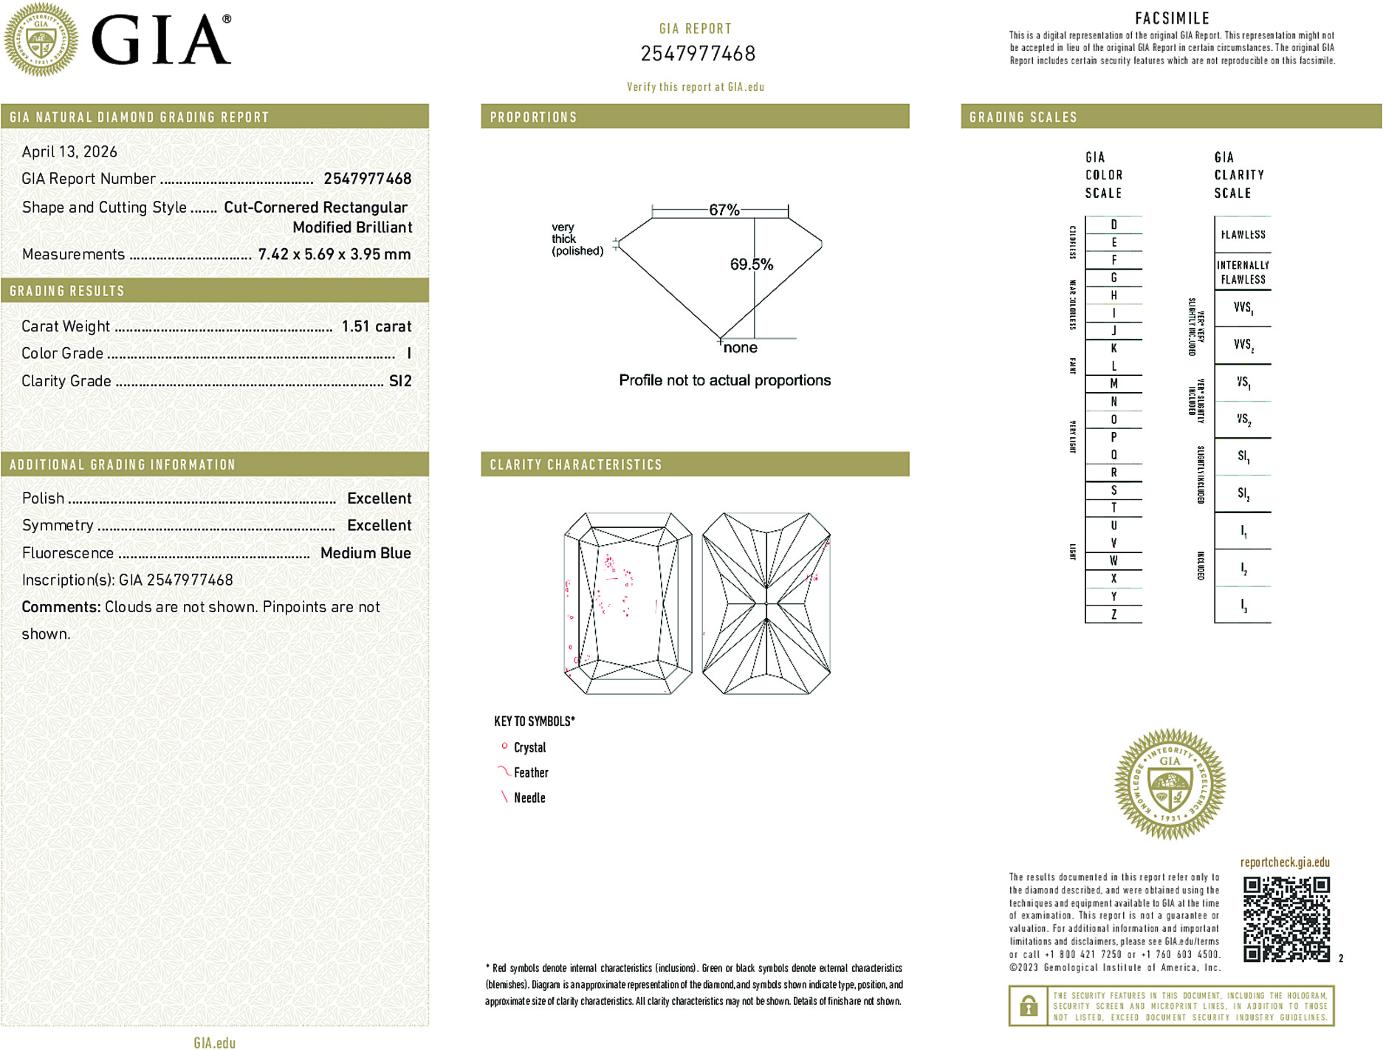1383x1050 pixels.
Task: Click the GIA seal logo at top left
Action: pyautogui.click(x=41, y=39)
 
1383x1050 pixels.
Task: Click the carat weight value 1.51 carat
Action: pyautogui.click(x=376, y=326)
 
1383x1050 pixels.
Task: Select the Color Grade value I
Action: pyautogui.click(x=408, y=354)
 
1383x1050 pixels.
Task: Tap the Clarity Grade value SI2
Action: pyautogui.click(x=399, y=381)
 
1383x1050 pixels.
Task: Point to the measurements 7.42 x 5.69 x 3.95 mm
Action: pyautogui.click(x=334, y=255)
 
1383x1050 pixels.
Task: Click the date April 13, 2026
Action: pyautogui.click(x=69, y=152)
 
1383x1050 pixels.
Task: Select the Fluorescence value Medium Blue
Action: pyautogui.click(x=366, y=553)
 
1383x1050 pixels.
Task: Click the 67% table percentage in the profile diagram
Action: pyautogui.click(x=724, y=210)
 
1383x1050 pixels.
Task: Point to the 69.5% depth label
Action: pyautogui.click(x=751, y=264)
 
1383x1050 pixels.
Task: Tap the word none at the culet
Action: pyautogui.click(x=740, y=348)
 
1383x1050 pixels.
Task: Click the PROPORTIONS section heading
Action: pyautogui.click(x=533, y=117)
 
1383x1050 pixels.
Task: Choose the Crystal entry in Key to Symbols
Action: pyautogui.click(x=529, y=747)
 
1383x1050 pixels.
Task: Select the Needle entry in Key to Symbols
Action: pyautogui.click(x=529, y=797)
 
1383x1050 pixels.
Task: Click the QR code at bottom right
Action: pyautogui.click(x=1286, y=919)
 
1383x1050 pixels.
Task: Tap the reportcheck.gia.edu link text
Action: pyautogui.click(x=1284, y=862)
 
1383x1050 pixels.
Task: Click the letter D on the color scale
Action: pyautogui.click(x=1113, y=224)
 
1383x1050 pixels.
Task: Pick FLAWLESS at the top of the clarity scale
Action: pyautogui.click(x=1243, y=235)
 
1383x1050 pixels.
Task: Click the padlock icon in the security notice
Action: pyautogui.click(x=1028, y=1006)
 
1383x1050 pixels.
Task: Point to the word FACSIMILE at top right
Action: pyautogui.click(x=1172, y=18)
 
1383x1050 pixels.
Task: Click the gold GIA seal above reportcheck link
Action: pyautogui.click(x=1170, y=784)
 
